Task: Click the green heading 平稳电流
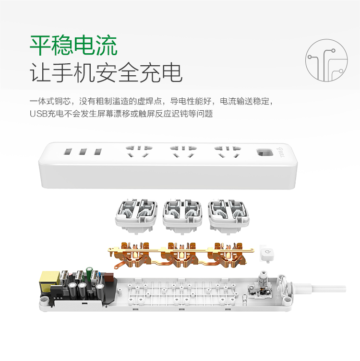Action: click(73, 45)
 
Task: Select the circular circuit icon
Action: click(326, 60)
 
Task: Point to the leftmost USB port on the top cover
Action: click(68, 151)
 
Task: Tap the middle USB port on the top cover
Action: click(83, 151)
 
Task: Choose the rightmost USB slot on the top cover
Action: click(98, 151)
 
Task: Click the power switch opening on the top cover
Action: click(264, 153)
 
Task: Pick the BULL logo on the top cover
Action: click(282, 151)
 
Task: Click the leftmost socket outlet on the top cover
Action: click(139, 151)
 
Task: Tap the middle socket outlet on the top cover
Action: click(183, 151)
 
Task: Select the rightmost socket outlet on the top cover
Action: click(228, 151)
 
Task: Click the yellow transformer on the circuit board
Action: click(50, 280)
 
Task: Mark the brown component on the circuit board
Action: click(108, 278)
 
